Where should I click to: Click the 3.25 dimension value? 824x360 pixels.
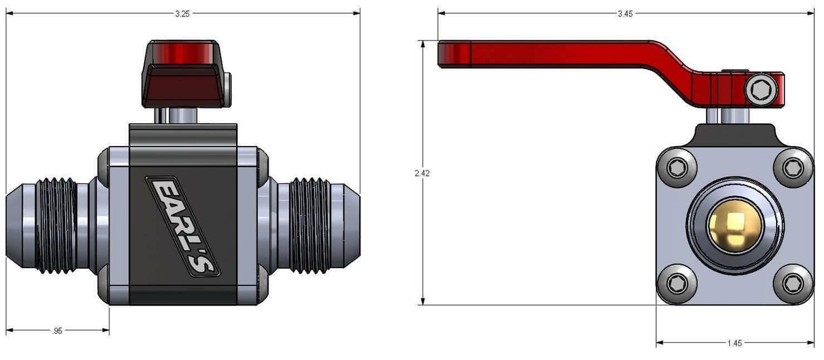(182, 14)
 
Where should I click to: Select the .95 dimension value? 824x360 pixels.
(57, 331)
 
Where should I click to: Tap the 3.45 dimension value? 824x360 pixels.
(625, 14)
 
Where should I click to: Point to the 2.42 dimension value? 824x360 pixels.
(422, 173)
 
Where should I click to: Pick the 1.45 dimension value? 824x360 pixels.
(734, 343)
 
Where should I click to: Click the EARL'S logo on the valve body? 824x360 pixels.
(183, 226)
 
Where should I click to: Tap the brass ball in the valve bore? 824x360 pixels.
(734, 225)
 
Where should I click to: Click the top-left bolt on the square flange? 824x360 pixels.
(677, 168)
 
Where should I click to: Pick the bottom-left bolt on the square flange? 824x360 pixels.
(677, 284)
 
